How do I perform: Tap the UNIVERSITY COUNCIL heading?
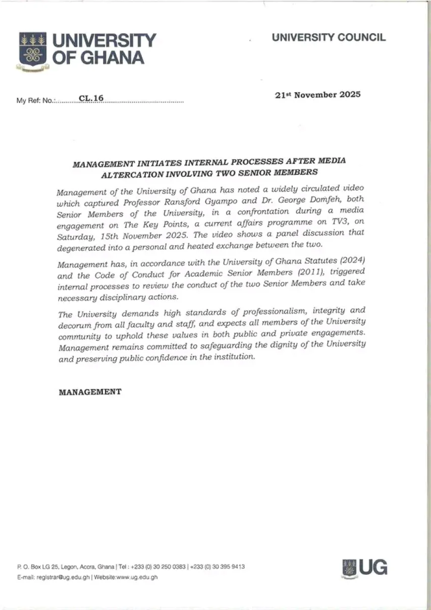click(x=328, y=38)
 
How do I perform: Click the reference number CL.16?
click(x=91, y=99)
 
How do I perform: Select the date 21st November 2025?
click(x=318, y=95)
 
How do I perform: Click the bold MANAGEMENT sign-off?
click(x=90, y=391)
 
